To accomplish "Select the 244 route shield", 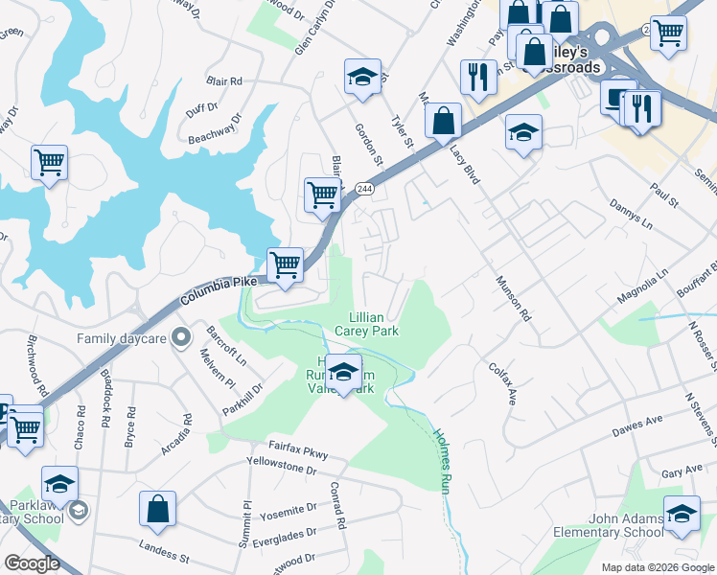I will (363, 190).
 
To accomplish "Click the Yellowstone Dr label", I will (281, 471).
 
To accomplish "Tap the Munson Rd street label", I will (513, 297).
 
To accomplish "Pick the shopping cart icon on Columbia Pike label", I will (285, 264).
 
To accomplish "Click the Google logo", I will (31, 563).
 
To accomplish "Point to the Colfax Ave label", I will (502, 382).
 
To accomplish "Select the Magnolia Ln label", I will (642, 285).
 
